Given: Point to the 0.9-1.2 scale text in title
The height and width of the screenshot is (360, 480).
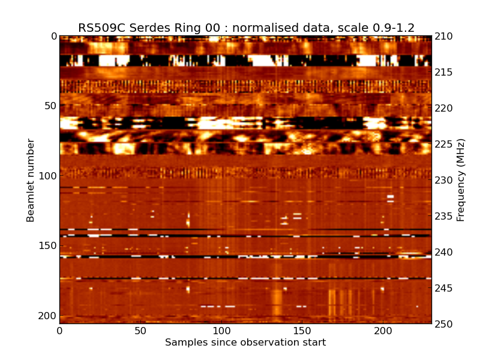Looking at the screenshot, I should coord(391,28).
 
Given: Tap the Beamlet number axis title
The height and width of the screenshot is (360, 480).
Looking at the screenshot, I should coord(31,180).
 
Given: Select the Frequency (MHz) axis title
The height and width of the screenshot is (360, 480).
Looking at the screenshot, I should coord(461,180).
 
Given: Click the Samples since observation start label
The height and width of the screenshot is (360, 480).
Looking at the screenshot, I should coord(245,343).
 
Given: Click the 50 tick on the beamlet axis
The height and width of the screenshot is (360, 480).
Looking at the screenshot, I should coord(49,106).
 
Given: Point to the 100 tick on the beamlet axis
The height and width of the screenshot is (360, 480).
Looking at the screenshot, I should coord(46,176).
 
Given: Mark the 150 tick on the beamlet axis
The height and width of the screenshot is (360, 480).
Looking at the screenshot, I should coord(46,246).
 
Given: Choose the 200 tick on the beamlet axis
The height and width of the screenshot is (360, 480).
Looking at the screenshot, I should coord(46,316).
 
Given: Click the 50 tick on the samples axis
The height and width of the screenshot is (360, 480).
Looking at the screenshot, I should coord(140,331).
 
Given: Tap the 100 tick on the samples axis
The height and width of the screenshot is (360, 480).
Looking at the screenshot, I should coord(221,331).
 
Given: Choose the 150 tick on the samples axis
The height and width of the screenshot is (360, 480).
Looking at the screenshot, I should coord(302,331).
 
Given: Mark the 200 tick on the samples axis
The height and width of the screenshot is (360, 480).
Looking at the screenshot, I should coord(383,331).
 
